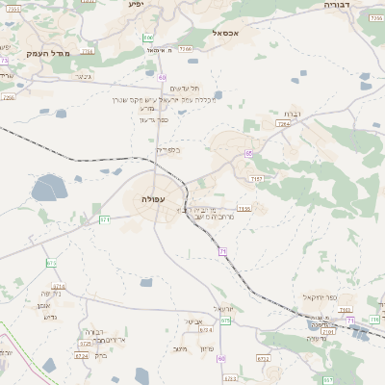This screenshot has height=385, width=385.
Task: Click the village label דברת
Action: point(292,115)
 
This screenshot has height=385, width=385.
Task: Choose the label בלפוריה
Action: point(167,149)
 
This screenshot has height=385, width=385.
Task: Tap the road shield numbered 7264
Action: point(283,123)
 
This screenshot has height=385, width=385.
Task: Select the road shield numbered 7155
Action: point(244,207)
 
